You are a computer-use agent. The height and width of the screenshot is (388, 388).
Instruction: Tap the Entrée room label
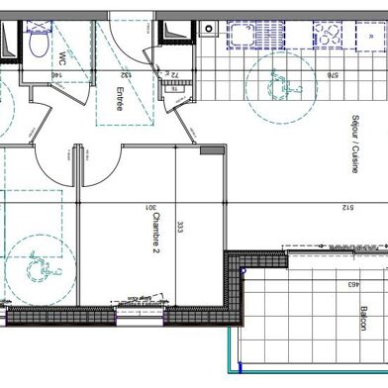[x=118, y=99]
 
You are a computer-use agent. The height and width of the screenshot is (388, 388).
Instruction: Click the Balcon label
[x=364, y=322]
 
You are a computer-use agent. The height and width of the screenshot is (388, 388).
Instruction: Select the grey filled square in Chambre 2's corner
[x=211, y=149]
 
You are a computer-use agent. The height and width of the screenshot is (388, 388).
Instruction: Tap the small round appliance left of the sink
[x=208, y=29]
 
